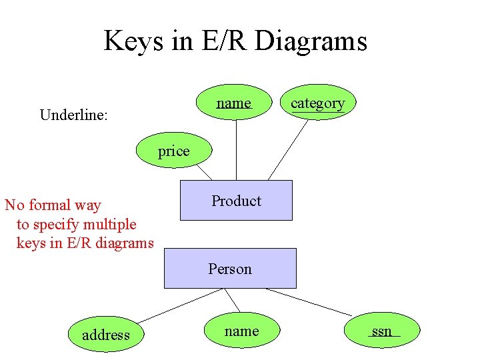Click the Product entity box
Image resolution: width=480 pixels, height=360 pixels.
[236, 200]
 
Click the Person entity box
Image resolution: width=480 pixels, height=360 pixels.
[230, 268]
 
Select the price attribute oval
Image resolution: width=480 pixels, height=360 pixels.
[173, 151]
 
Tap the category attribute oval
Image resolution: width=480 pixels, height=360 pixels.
[317, 103]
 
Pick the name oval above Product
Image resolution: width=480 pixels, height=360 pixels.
[234, 103]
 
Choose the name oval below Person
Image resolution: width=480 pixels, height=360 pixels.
[241, 331]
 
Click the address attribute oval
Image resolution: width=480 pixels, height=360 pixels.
[105, 335]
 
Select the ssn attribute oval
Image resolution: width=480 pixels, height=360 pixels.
[382, 331]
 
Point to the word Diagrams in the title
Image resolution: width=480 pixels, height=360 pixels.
[311, 41]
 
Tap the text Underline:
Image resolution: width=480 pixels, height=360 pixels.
[74, 115]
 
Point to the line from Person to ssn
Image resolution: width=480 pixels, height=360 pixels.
[308, 302]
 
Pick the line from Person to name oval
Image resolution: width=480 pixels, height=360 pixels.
[231, 300]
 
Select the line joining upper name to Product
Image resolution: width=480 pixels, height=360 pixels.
[235, 150]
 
